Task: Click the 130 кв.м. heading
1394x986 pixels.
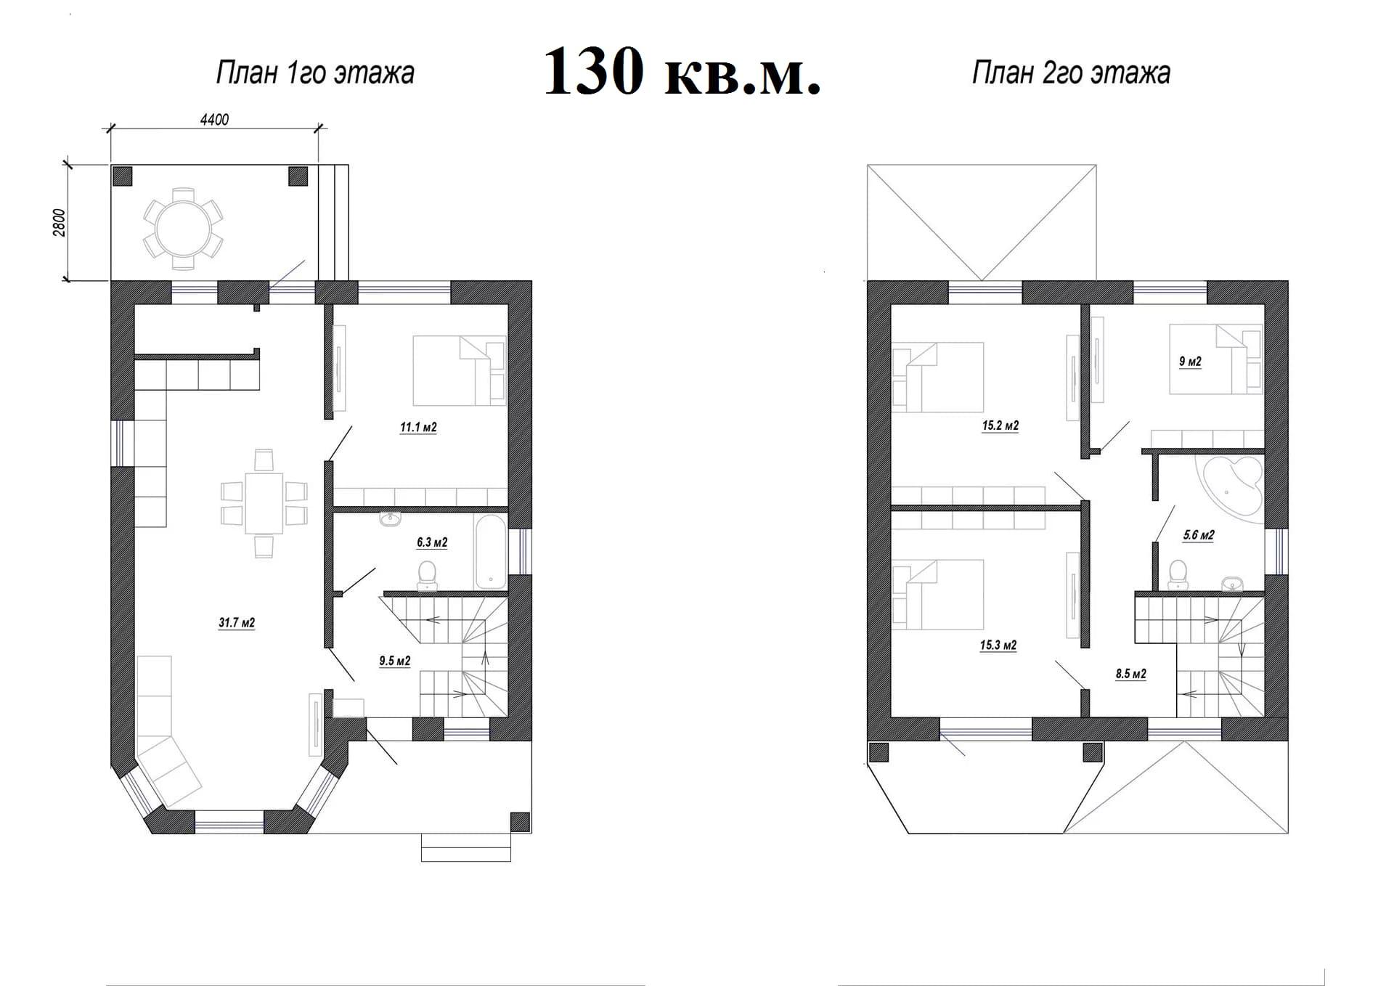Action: tap(682, 71)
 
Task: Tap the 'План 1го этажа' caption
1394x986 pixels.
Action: tap(315, 73)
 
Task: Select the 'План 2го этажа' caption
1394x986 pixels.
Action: tap(1071, 73)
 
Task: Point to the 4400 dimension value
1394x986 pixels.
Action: tap(214, 120)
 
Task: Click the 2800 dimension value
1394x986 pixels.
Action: tap(60, 222)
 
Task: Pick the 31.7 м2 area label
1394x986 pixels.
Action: tap(237, 623)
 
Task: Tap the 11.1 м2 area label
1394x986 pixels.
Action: tap(418, 428)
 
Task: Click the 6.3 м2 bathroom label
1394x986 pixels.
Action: tap(432, 542)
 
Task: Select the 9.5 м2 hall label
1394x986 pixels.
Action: tap(395, 661)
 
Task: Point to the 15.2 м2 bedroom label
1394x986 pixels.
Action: tap(1000, 426)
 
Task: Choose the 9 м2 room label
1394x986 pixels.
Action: tap(1190, 362)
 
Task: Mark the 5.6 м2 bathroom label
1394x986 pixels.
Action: tap(1199, 535)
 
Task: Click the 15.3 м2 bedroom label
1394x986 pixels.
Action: tap(998, 645)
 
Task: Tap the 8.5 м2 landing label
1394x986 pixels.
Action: tap(1131, 674)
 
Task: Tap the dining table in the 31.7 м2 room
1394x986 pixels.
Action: tap(264, 502)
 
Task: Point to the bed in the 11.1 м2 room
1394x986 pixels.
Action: tap(459, 370)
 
